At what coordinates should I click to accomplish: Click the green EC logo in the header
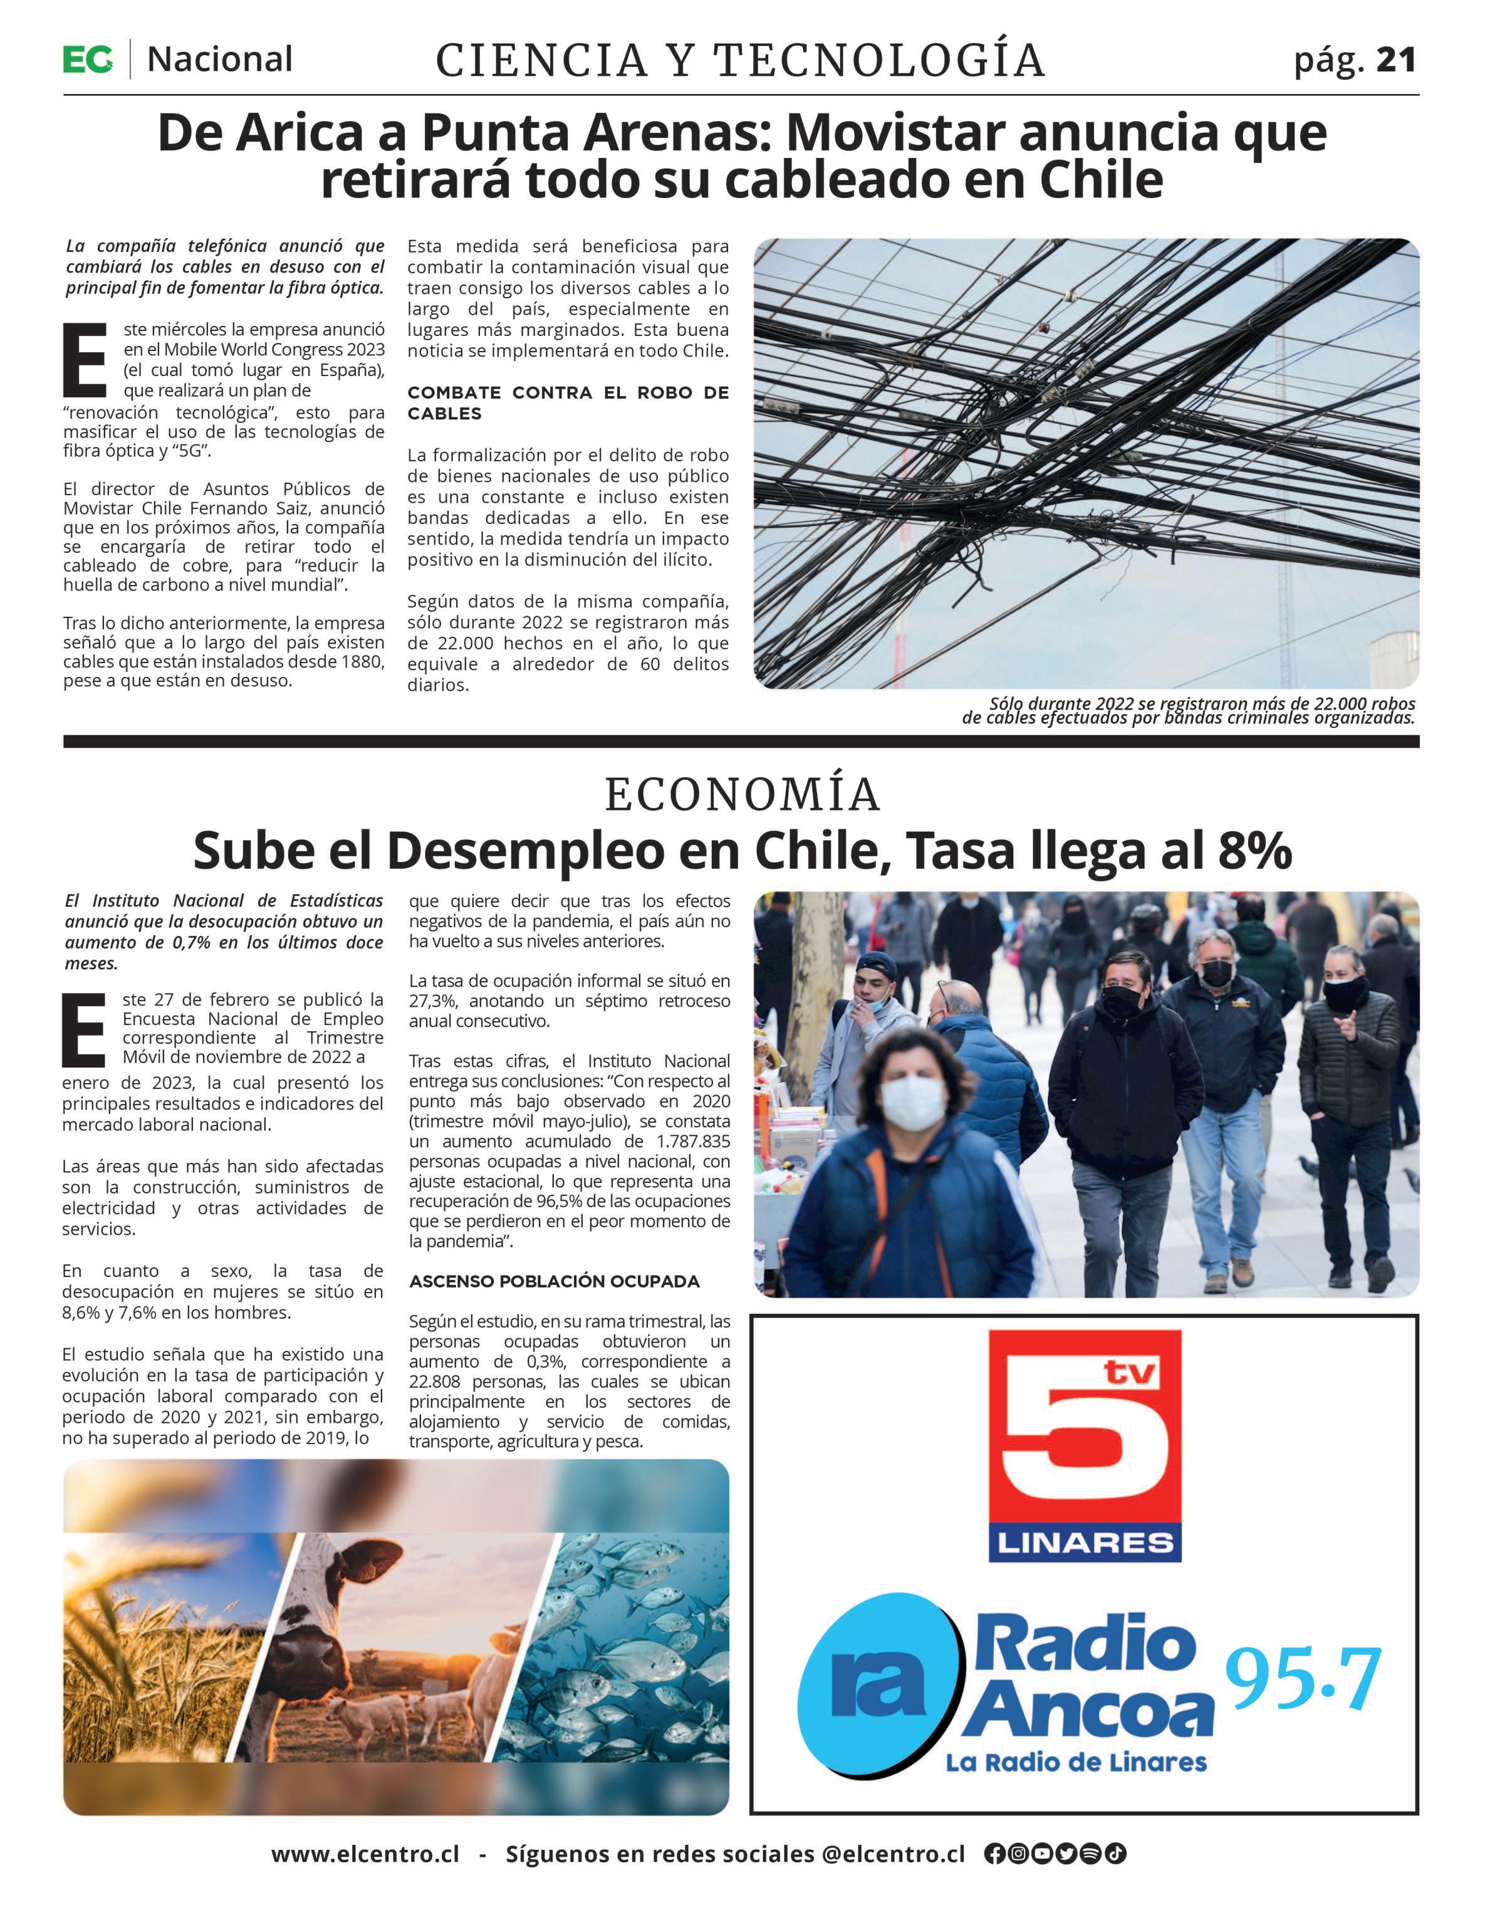87,60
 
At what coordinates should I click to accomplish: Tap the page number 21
1396,60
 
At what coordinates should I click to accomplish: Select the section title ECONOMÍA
742,795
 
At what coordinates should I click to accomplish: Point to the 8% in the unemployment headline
1254,851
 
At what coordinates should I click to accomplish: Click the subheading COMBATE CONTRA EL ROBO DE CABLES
568,403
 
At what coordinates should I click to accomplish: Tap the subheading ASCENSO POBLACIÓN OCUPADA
555,1281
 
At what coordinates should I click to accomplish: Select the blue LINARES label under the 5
1085,1543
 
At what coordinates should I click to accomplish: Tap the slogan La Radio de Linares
1076,1763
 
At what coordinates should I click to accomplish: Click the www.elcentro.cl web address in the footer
365,1854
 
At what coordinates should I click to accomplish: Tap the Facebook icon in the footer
993,1854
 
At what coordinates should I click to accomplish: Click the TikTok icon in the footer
1115,1854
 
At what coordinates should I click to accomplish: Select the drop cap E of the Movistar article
85,359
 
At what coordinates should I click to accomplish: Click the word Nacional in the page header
220,60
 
